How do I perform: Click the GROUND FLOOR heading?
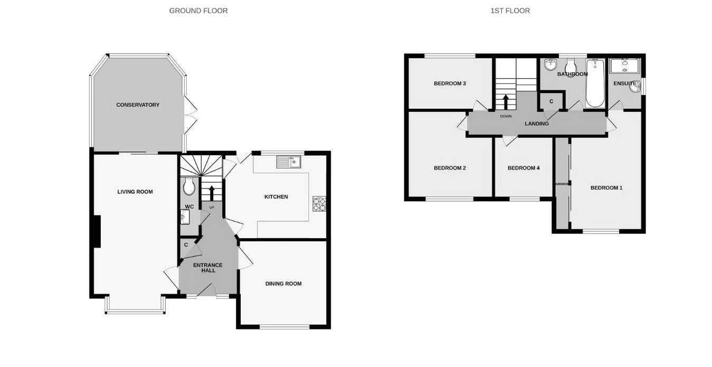(198, 11)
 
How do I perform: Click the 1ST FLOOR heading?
(510, 11)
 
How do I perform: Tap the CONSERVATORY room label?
(138, 105)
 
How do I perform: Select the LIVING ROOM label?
(135, 192)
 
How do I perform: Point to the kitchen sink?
(288, 162)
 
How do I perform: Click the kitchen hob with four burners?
(319, 204)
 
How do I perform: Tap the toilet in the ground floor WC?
(189, 186)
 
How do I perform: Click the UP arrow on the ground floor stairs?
(212, 192)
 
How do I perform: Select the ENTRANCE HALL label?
(208, 268)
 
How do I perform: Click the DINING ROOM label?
(283, 284)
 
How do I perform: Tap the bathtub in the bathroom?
(595, 83)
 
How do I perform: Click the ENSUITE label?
(624, 83)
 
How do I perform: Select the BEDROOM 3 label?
(450, 83)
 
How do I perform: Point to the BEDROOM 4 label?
(524, 168)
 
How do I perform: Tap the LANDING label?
(537, 124)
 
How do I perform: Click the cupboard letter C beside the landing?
(552, 101)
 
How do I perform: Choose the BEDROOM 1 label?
(606, 187)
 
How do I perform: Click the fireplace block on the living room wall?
(97, 231)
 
